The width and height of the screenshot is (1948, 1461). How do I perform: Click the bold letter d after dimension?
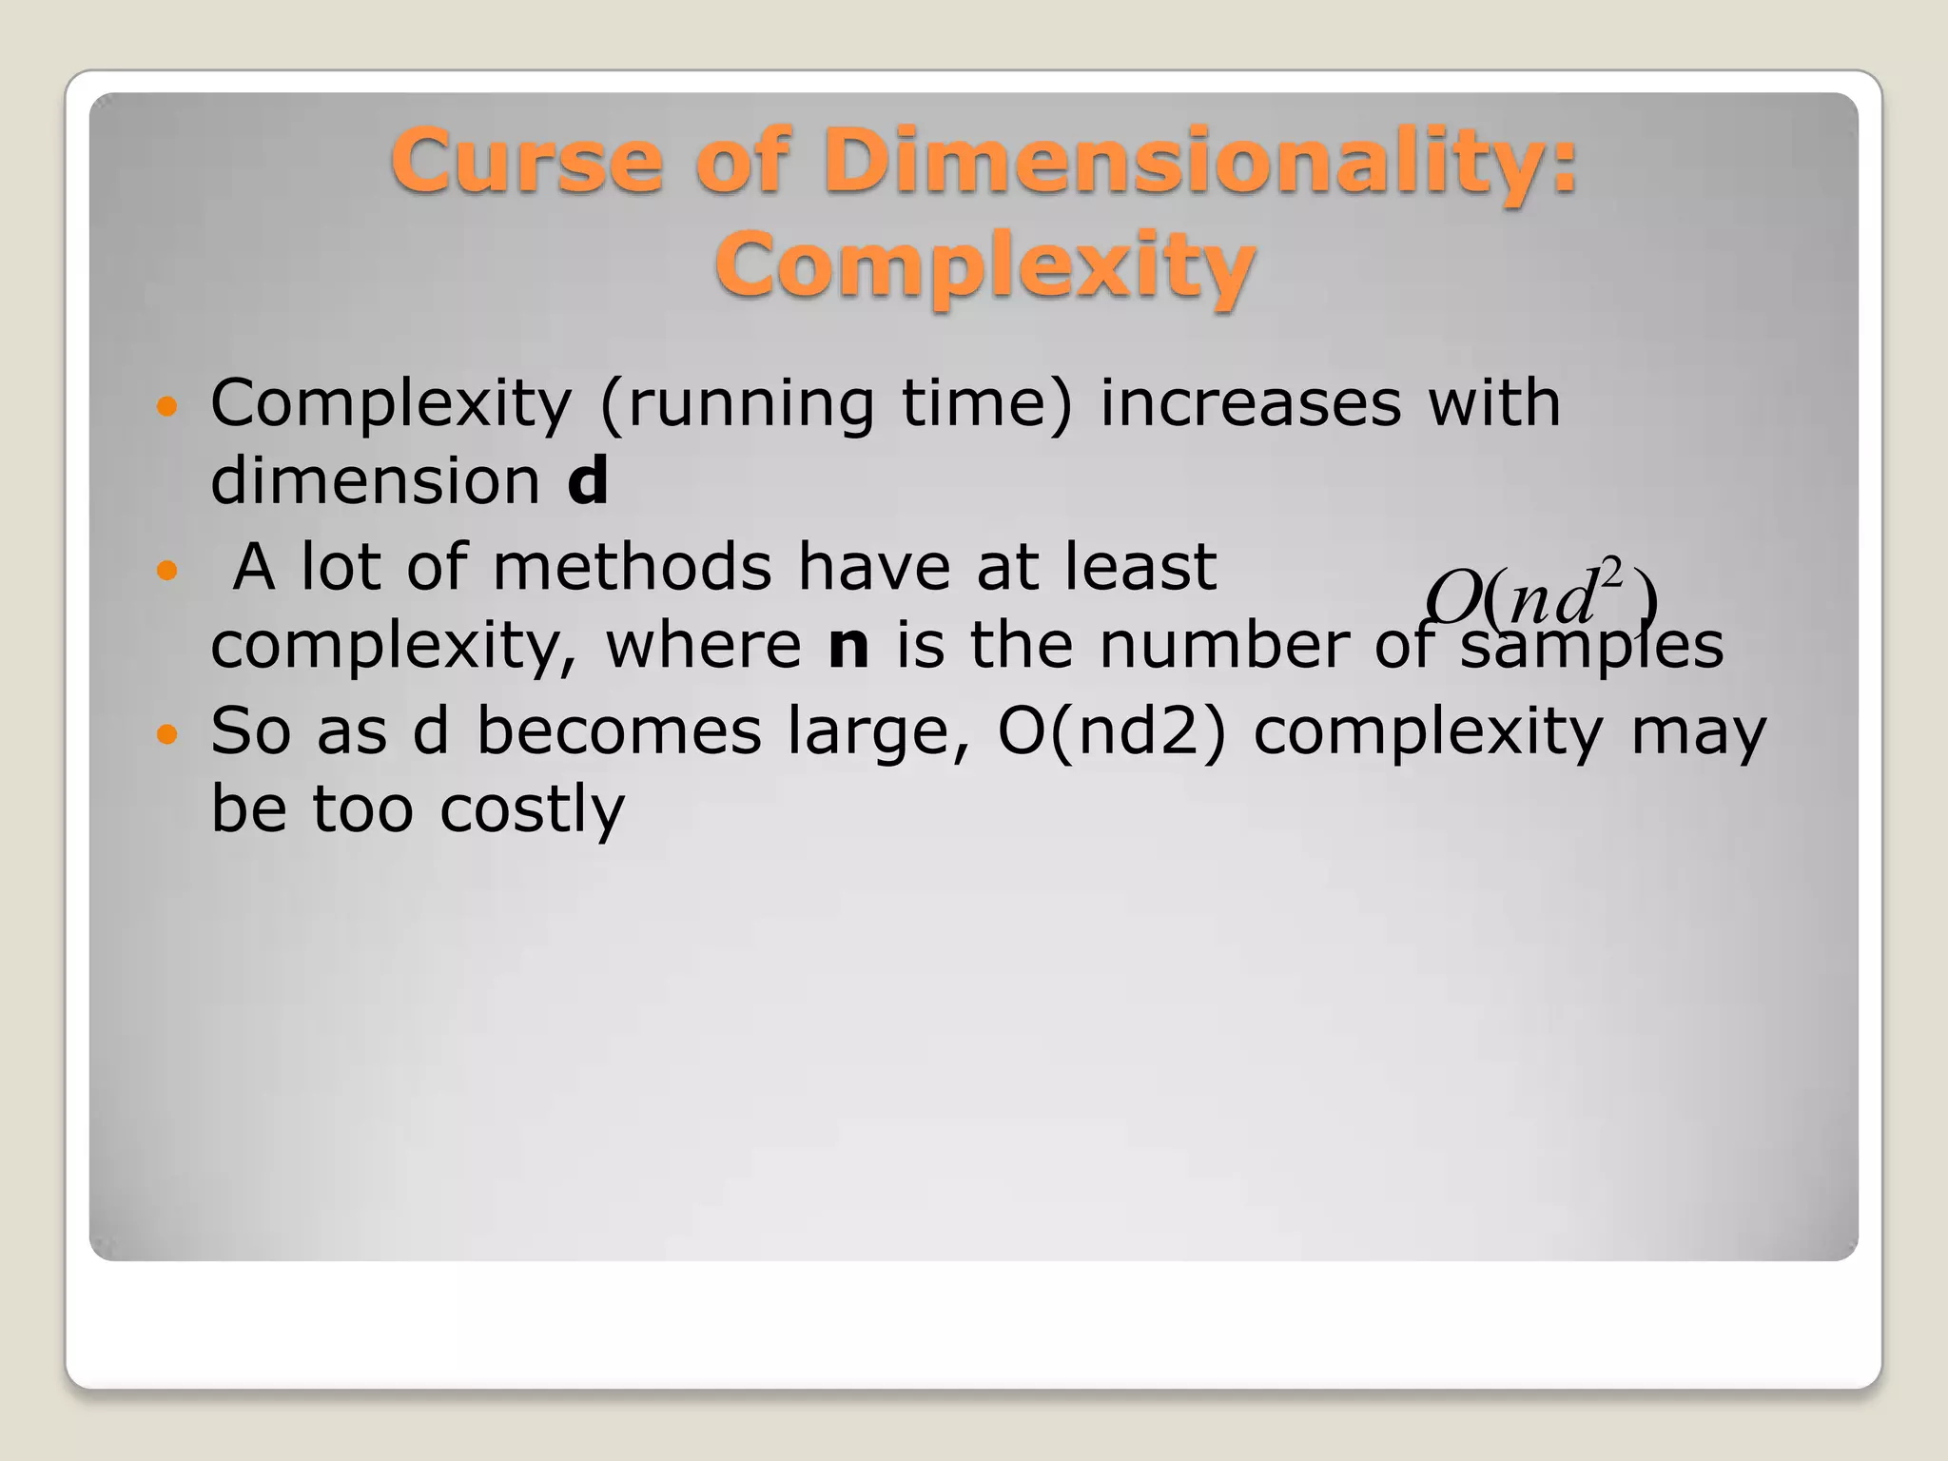(x=587, y=480)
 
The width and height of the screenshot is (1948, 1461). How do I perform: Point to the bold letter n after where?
(x=848, y=645)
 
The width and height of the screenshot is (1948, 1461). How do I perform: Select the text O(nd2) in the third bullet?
(x=1112, y=730)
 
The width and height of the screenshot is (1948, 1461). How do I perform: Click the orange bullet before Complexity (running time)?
(x=166, y=407)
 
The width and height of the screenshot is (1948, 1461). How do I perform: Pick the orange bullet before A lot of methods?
(x=166, y=571)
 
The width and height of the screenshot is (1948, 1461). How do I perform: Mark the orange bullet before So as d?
(x=166, y=734)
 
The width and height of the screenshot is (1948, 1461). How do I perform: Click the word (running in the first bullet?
(x=736, y=403)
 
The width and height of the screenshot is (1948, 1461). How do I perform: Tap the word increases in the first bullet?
(x=1250, y=403)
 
